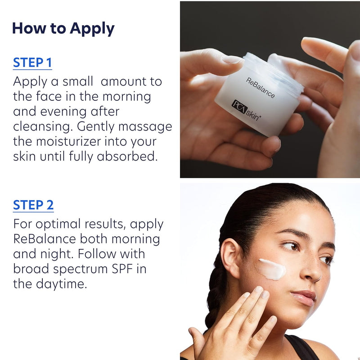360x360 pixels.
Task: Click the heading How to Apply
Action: pos(63,28)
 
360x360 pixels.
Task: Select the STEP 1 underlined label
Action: pos(32,63)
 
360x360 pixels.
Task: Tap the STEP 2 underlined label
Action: pos(33,205)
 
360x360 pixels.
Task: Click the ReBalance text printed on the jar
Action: pos(260,88)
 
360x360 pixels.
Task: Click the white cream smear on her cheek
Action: pos(272,269)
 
